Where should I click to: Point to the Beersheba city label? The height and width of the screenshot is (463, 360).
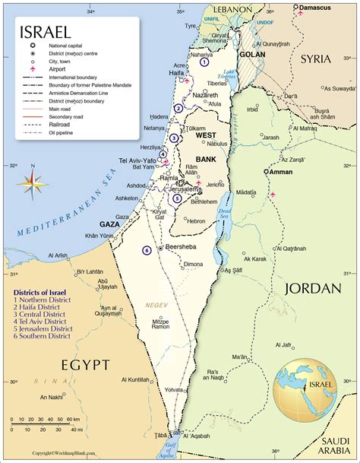[x=185, y=248]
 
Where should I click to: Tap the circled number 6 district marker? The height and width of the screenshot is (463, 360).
[x=147, y=249]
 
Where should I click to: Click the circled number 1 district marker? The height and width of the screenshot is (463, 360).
[x=204, y=62]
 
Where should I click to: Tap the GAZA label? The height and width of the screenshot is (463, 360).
[x=110, y=225]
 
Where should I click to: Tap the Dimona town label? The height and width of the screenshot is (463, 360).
[x=194, y=264]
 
